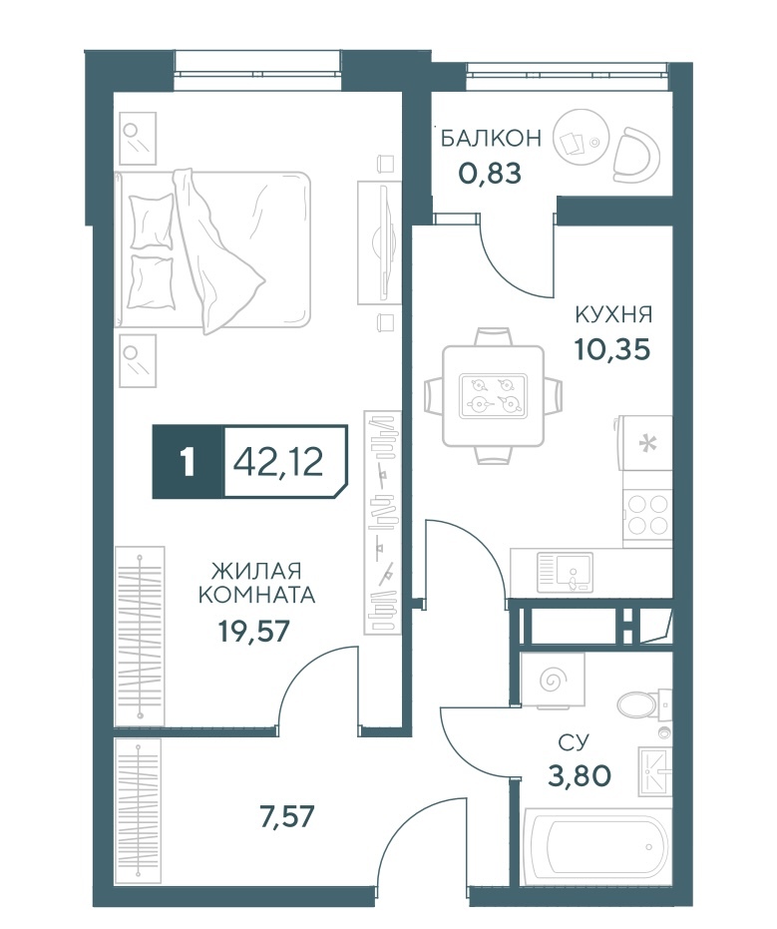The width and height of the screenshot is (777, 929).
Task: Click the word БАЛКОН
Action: click(x=491, y=138)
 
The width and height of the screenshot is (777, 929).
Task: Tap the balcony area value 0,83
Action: click(x=490, y=173)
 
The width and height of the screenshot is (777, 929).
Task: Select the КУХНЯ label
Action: click(x=613, y=314)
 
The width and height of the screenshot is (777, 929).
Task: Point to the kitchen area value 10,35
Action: click(x=612, y=349)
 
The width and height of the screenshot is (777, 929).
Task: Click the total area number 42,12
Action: click(x=278, y=462)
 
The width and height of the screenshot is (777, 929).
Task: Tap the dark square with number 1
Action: click(x=189, y=462)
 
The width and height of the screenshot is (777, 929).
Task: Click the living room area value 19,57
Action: click(x=254, y=632)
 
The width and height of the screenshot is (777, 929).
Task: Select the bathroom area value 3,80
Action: click(x=580, y=774)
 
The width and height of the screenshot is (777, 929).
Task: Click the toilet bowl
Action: click(x=643, y=704)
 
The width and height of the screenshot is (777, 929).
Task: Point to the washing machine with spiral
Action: click(x=553, y=681)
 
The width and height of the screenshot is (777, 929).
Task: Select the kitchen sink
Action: click(x=565, y=573)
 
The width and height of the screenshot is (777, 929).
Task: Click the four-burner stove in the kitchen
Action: click(x=648, y=515)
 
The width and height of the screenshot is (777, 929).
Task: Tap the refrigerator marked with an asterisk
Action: click(x=645, y=443)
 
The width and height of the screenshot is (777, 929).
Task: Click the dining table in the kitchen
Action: click(x=494, y=395)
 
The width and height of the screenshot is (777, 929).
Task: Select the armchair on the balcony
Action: click(x=636, y=154)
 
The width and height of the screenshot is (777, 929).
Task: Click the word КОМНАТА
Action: click(x=256, y=595)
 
